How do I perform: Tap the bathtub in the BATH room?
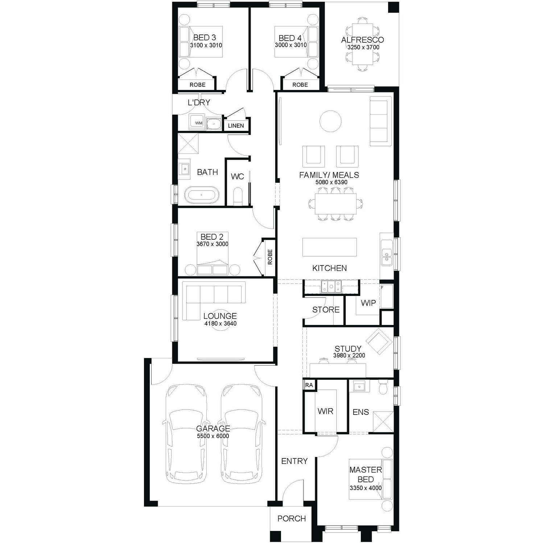point(202,195)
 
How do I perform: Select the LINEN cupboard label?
point(236,125)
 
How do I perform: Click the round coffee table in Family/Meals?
point(330,121)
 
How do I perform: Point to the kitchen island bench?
point(330,247)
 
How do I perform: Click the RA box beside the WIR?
point(309,385)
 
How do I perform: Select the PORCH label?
point(292,519)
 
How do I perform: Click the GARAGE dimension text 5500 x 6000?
point(213,436)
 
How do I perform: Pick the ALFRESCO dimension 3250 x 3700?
point(363,47)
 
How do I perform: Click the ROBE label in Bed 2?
point(270,257)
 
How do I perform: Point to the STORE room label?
point(326,310)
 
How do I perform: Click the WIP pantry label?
point(368,303)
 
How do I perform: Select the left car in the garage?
point(185,434)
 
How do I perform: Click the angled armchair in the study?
point(379,342)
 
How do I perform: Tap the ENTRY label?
point(294,461)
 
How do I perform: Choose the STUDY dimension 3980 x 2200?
point(349,355)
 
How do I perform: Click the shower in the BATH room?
point(188,143)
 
